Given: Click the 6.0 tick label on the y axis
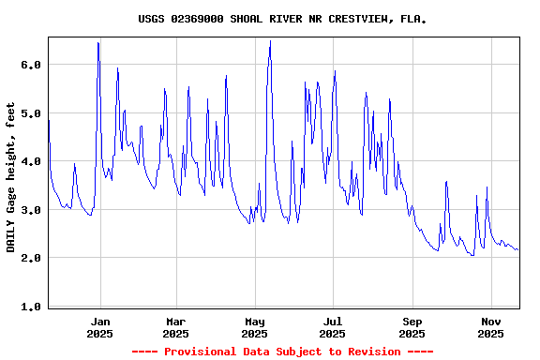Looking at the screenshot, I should [31, 65].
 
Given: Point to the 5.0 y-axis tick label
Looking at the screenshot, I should [31, 113].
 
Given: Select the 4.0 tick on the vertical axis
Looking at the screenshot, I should [31, 161].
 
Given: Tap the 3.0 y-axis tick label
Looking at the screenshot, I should [31, 210].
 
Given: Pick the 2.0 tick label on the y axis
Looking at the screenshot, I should [31, 258].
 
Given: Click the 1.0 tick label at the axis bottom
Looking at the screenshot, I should [31, 307].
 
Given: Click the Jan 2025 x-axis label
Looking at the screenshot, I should [99, 326].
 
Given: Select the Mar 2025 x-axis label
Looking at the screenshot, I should [175, 326].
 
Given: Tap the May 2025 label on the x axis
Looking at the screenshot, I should [254, 326].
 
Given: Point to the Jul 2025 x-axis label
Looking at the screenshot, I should [332, 326].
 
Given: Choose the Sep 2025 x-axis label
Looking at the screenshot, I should [412, 326].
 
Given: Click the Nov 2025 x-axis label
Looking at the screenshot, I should [490, 326].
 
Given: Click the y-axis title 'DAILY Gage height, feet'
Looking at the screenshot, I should [11, 178].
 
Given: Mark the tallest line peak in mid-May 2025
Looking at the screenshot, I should [270, 41].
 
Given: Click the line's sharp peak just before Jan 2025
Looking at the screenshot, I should [97, 42].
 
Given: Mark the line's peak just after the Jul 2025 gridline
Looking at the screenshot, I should [335, 71].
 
